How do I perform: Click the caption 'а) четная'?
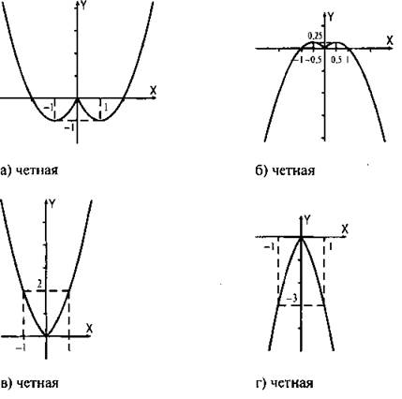[x=29, y=170]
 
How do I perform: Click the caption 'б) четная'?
[x=285, y=170]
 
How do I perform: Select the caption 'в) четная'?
[x=29, y=383]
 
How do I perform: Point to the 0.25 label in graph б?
[x=315, y=36]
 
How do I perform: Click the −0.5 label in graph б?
[x=315, y=60]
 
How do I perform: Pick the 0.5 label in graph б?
[x=336, y=60]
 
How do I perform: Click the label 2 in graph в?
[x=39, y=284]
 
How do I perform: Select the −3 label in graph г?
[x=291, y=299]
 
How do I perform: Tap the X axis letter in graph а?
[x=153, y=91]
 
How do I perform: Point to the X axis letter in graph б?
[x=390, y=40]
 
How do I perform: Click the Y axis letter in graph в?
[x=52, y=204]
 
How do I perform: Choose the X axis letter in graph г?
[x=345, y=229]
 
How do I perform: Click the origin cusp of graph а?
[x=78, y=98]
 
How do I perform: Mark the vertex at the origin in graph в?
[x=46, y=336]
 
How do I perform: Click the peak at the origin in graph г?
[x=301, y=237]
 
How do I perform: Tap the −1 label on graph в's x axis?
[x=21, y=347]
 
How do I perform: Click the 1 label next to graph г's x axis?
[x=331, y=247]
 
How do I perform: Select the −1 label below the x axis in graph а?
[x=49, y=108]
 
